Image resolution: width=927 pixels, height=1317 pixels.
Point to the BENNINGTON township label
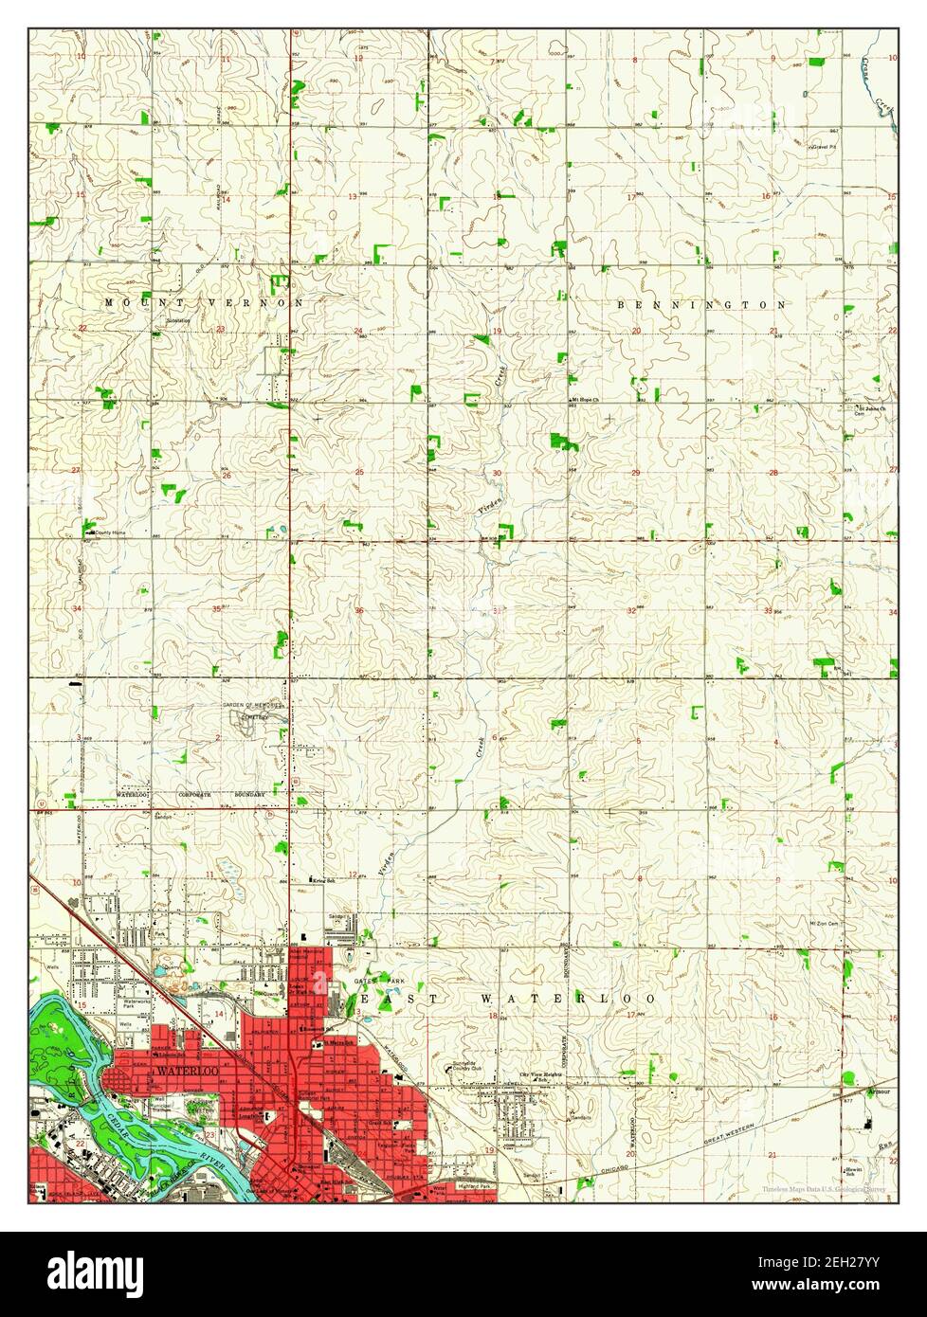tap(701, 305)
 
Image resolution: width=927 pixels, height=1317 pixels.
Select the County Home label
tap(108, 532)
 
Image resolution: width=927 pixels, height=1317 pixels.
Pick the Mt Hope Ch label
tap(587, 401)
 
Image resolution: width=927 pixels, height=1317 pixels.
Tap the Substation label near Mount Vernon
tap(177, 321)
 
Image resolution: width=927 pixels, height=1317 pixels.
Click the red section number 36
tap(359, 610)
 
